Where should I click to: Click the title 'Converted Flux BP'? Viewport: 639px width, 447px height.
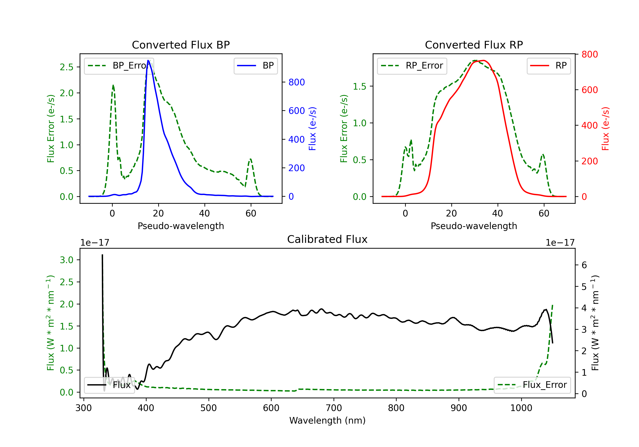181,45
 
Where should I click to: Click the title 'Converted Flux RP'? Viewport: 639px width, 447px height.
474,45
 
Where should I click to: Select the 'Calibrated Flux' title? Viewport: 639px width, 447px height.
327,239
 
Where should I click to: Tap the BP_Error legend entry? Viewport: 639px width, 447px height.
119,66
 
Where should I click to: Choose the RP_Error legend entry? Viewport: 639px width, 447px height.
412,66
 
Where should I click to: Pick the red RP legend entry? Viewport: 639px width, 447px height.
548,66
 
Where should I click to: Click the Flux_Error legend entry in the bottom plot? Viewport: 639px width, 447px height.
532,385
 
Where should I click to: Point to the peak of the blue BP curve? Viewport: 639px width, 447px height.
148,60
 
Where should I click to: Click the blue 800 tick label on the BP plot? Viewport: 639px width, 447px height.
297,82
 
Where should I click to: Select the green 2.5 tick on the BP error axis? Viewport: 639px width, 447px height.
66,67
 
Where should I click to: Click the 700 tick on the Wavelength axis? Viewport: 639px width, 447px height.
334,408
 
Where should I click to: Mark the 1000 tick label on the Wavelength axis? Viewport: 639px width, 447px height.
521,408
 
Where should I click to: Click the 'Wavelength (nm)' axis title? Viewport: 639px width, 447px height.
327,420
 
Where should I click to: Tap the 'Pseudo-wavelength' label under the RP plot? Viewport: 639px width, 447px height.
474,226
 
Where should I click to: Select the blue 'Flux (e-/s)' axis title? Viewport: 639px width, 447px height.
312,129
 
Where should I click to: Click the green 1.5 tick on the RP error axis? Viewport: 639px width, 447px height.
360,86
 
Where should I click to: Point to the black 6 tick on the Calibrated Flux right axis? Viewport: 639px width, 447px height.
584,265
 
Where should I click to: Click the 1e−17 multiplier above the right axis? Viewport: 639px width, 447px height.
560,243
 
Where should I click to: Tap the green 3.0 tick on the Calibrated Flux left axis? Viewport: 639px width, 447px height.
66,260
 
